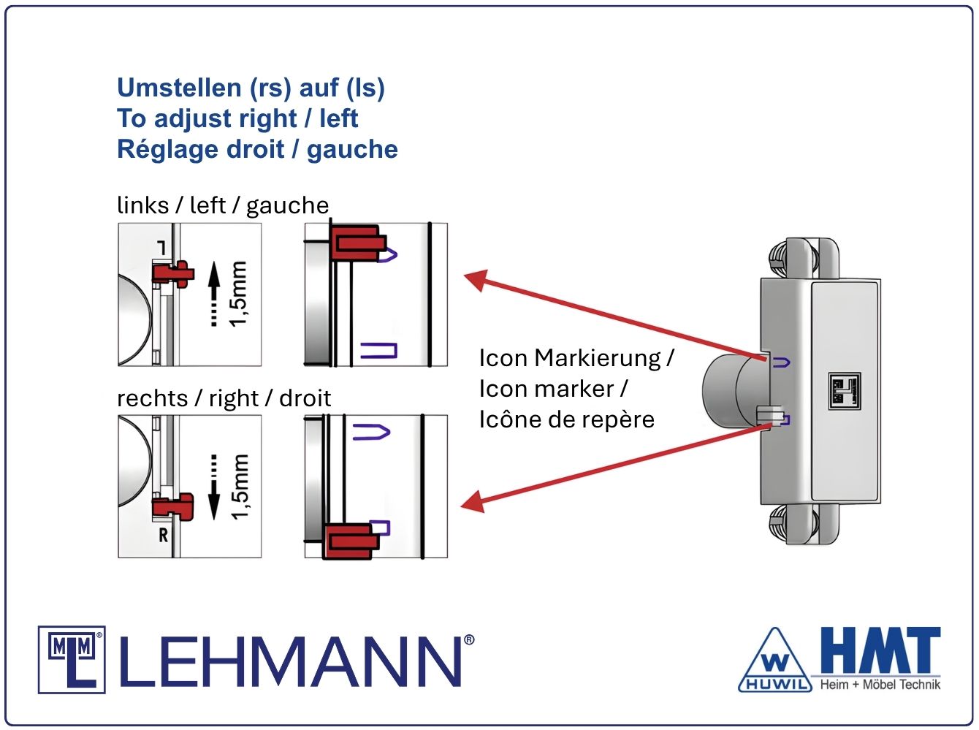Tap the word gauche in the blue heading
tap(352, 149)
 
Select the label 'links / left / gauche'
tap(223, 205)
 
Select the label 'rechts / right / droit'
tap(224, 398)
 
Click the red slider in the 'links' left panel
tap(173, 273)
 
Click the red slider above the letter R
tap(174, 506)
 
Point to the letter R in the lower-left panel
tap(164, 536)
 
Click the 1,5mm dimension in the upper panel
tap(239, 294)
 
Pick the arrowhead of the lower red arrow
tap(473, 503)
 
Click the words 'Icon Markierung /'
tap(576, 358)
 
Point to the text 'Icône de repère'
tap(566, 419)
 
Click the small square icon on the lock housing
tap(844, 390)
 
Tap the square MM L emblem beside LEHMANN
tap(72, 659)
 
